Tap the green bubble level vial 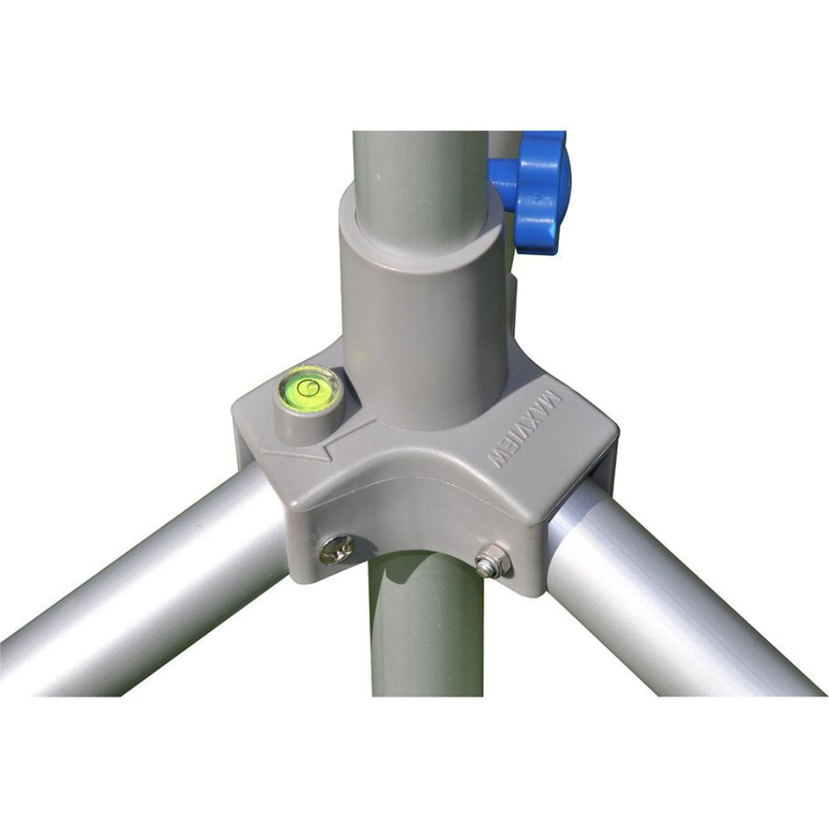pyautogui.click(x=308, y=388)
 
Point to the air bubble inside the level pyautogui.click(x=308, y=386)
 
